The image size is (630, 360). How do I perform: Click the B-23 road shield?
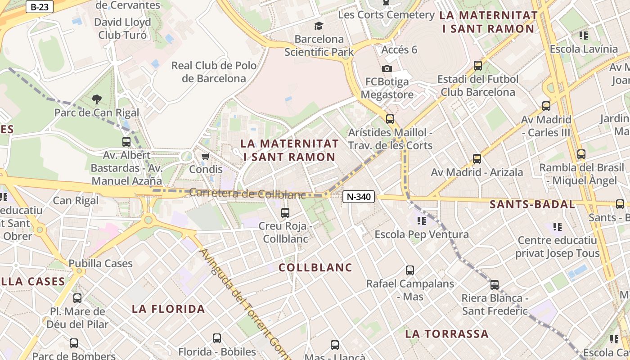(40, 7)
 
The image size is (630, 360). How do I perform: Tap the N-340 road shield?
(359, 197)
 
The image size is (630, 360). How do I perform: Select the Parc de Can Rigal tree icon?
(96, 99)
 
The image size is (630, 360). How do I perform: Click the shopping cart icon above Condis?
(206, 156)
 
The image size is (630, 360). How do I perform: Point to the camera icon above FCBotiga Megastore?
(387, 68)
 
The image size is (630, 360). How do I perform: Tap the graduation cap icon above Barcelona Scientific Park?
(319, 26)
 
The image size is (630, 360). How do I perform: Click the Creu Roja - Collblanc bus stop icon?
(285, 213)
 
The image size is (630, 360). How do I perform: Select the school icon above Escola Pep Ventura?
(422, 221)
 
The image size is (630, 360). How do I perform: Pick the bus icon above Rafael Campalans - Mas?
(410, 270)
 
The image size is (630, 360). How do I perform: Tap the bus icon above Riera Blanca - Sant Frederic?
(495, 285)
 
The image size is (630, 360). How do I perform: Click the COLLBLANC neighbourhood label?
(315, 268)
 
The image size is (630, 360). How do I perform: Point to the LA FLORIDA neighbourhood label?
(168, 309)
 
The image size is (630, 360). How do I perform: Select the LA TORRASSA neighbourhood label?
(446, 334)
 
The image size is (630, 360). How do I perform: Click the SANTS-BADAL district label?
(532, 204)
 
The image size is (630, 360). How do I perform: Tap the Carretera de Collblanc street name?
(247, 193)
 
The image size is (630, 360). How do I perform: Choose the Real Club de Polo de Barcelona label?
(214, 72)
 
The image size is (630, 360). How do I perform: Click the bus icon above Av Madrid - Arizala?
(477, 159)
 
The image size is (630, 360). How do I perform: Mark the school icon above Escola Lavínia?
(584, 36)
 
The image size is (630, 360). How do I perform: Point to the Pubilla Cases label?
(100, 263)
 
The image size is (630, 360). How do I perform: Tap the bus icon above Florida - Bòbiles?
(217, 338)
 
